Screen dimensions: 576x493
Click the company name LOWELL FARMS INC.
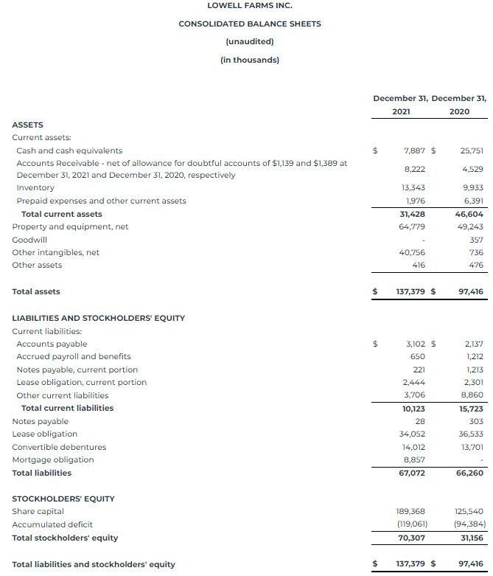[249, 5]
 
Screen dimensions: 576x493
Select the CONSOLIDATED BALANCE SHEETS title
[249, 24]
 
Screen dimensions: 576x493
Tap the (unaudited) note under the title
[249, 41]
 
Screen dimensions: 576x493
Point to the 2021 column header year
[401, 111]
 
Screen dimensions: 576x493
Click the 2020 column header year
[458, 111]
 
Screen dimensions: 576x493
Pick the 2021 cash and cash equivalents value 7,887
[415, 150]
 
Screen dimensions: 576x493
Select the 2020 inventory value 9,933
[471, 188]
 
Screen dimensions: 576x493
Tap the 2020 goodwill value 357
[476, 240]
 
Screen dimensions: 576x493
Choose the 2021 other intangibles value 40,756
[413, 252]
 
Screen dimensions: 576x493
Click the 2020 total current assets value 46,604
[469, 214]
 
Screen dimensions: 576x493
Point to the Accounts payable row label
[52, 344]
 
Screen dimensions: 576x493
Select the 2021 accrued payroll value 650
[417, 357]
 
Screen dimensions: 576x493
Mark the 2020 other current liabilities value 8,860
[472, 395]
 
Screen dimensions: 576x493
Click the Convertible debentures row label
[59, 447]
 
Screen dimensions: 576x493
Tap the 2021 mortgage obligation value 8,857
[414, 460]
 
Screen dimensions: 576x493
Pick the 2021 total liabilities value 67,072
[412, 473]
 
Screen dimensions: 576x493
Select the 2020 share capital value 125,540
[469, 511]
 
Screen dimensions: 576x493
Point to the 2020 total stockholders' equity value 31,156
[471, 538]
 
